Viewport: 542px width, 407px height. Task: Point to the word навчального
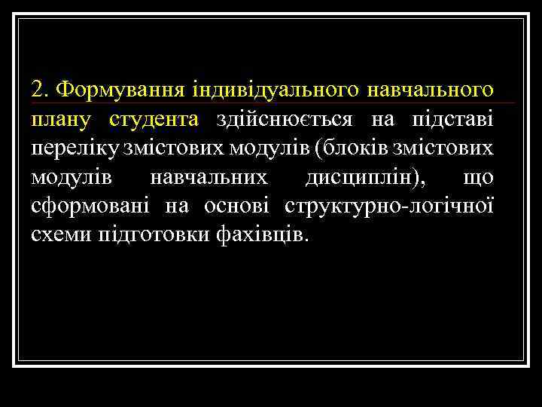(x=431, y=91)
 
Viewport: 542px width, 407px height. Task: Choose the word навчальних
(x=209, y=176)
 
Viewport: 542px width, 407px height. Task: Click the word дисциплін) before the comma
(x=364, y=176)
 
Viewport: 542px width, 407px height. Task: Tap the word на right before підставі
(x=382, y=119)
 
